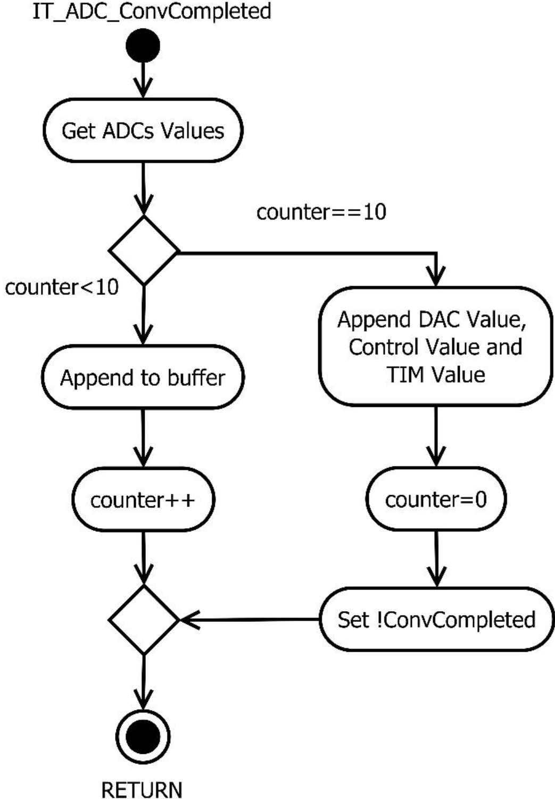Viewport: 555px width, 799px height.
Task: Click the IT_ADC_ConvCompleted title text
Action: click(152, 12)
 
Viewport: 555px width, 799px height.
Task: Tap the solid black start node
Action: click(143, 45)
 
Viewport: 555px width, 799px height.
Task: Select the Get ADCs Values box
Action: click(143, 130)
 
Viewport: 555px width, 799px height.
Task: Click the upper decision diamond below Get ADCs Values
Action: click(144, 250)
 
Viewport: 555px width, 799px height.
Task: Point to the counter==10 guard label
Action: click(321, 212)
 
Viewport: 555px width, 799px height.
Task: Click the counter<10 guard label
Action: click(62, 287)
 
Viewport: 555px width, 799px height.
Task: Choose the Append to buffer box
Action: click(143, 378)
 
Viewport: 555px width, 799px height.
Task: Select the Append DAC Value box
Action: click(435, 346)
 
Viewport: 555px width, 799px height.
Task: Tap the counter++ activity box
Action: click(143, 500)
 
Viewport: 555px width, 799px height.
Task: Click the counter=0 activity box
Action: click(436, 499)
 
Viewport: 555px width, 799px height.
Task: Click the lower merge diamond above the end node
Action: click(144, 620)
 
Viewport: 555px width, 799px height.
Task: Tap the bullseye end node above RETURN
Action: click(143, 737)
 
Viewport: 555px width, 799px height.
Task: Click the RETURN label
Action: click(142, 789)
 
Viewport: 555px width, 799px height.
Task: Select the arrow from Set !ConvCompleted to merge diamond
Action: click(250, 620)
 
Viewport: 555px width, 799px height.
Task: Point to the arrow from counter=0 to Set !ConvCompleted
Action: click(436, 559)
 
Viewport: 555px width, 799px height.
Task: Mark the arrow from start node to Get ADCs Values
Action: click(143, 80)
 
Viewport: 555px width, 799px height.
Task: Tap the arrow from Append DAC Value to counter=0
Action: click(436, 436)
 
